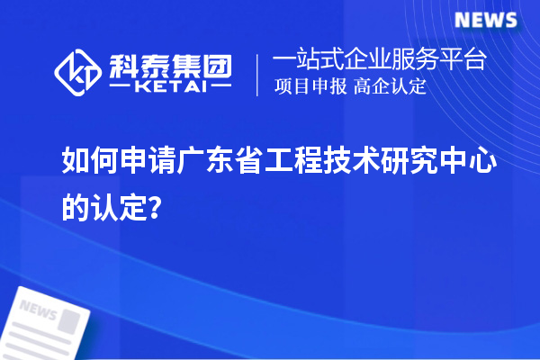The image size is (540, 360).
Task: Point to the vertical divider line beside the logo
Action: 259,74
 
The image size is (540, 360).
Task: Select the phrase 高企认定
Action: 391,87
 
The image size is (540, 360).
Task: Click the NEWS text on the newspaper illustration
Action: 38,311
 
